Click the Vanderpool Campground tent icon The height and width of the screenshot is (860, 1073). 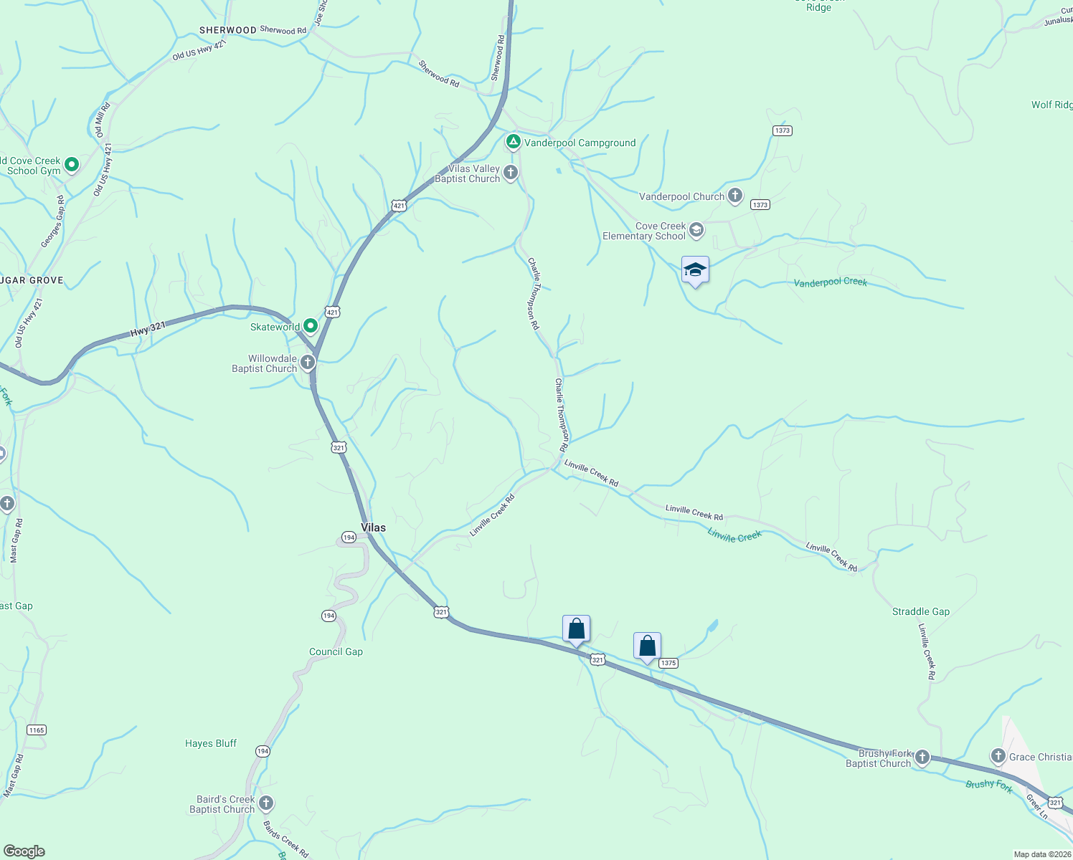pos(513,143)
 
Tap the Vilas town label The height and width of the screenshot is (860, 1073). pos(373,527)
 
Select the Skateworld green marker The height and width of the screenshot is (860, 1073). pos(311,327)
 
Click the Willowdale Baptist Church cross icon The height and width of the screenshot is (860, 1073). pos(308,363)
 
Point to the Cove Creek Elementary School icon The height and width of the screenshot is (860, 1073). pos(696,231)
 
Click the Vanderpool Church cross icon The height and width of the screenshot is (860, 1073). pos(735,196)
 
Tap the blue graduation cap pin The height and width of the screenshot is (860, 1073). pos(695,271)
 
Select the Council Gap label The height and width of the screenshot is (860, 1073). pos(336,651)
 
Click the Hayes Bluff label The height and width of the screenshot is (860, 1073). pos(211,743)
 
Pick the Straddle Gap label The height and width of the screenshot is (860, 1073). pos(921,611)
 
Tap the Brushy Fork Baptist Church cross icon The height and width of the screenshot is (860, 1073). pos(922,757)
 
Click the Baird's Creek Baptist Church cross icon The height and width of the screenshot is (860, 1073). pos(266,803)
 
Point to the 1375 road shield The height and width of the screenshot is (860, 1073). pos(668,663)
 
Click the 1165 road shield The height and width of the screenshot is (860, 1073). pos(36,730)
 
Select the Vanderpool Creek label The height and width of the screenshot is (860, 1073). pos(831,282)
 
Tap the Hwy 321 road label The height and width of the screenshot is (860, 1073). pos(148,330)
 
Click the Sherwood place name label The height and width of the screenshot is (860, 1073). pos(227,30)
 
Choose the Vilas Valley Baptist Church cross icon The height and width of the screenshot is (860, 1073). pos(511,173)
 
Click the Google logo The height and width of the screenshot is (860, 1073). pos(24,851)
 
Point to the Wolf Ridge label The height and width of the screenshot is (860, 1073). pos(1052,105)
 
